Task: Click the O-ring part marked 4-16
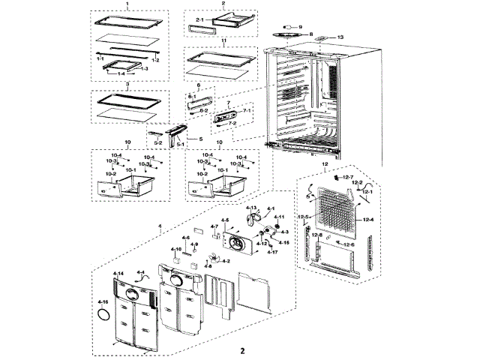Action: click(103, 316)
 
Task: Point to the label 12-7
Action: click(348, 177)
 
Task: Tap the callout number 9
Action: click(300, 26)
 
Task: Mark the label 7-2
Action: click(232, 123)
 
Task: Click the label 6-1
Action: click(191, 97)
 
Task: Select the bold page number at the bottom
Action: click(241, 351)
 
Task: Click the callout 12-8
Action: click(317, 235)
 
